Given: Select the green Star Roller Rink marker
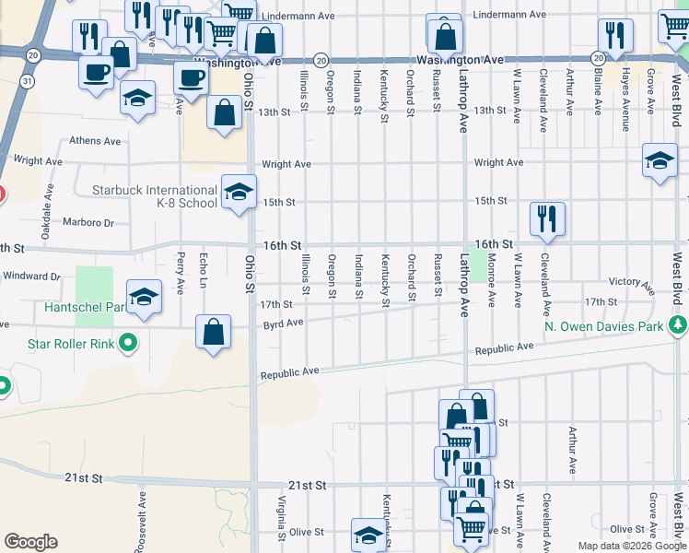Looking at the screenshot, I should pos(129,346).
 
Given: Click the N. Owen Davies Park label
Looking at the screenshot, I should pos(603,326).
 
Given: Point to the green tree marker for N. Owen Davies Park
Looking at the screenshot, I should pos(679,325).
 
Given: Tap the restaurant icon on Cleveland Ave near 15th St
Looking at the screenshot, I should pos(547,218).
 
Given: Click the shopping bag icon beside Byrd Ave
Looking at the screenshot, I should pos(213,332).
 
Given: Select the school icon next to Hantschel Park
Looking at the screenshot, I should pos(143,297).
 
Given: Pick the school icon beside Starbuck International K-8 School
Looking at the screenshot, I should pos(238,192).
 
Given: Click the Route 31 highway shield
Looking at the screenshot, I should pos(29,81).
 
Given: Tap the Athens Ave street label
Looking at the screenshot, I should pos(96,142).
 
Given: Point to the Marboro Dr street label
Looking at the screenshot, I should pos(88,222).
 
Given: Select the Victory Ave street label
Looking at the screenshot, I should pos(631,282).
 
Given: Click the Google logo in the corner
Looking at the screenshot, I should pos(30,541).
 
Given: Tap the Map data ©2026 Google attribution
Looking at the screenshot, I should pos(631,546).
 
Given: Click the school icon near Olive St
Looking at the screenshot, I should pos(368,534).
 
